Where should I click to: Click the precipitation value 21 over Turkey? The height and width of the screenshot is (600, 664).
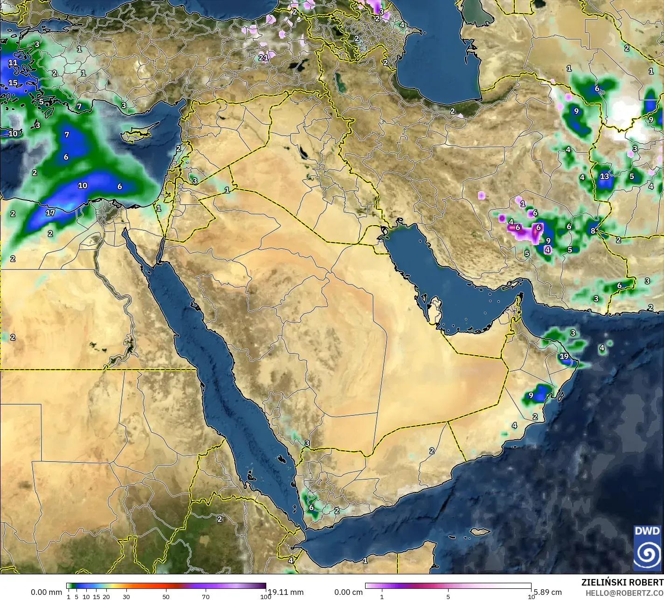263,58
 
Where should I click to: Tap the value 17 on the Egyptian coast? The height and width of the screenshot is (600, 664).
50,213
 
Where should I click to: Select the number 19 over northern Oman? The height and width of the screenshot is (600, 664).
564,357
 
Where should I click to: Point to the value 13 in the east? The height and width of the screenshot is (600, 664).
604,176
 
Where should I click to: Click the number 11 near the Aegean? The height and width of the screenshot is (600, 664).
13,62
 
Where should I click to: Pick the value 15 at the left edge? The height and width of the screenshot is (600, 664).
13,83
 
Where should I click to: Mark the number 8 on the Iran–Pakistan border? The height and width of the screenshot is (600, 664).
593,231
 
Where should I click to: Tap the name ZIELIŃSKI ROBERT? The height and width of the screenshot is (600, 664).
622,582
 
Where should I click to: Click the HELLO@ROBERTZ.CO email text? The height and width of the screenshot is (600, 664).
624,593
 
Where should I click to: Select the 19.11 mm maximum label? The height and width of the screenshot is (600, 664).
285,592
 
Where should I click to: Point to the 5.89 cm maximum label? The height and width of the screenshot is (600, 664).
548,592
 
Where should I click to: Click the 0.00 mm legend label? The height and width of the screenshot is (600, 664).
46,592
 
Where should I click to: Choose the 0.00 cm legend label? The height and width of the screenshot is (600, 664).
348,592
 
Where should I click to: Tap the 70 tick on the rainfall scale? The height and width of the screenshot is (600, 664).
206,597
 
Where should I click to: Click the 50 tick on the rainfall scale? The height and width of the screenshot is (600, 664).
166,597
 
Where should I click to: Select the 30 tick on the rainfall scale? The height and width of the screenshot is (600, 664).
126,597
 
